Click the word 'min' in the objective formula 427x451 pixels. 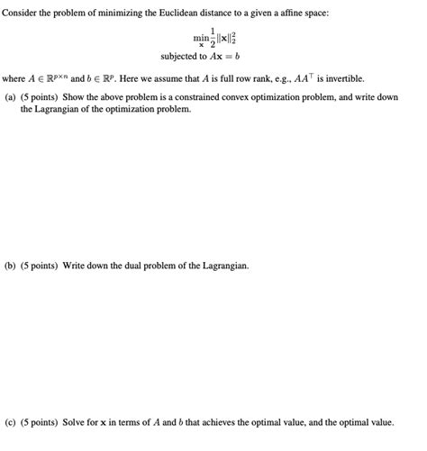[x=199, y=38]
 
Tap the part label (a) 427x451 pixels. [x=11, y=97]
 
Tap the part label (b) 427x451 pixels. [x=11, y=266]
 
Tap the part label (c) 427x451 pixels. [x=11, y=420]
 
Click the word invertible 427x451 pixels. [x=341, y=78]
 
